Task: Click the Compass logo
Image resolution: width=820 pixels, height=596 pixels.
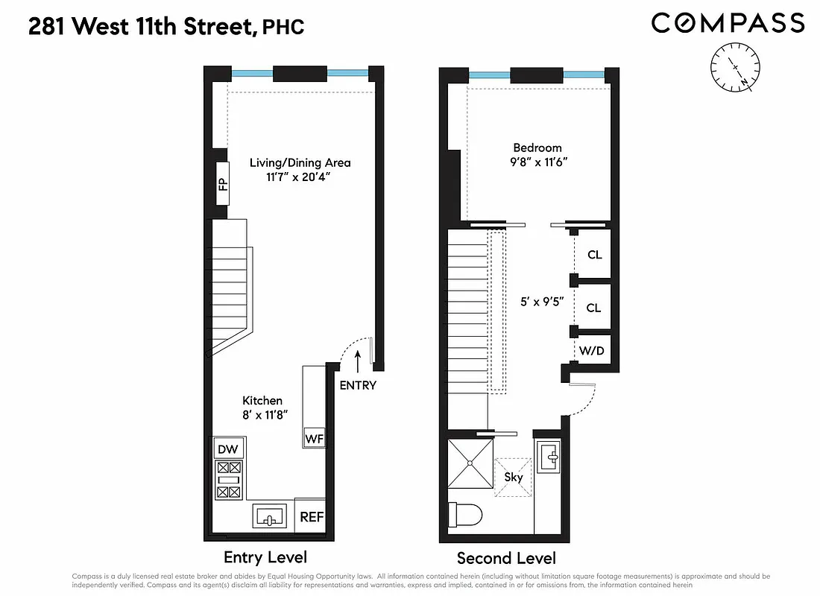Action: point(728,23)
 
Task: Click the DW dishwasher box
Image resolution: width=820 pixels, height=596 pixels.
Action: point(228,449)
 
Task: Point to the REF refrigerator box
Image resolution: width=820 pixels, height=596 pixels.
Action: point(311,516)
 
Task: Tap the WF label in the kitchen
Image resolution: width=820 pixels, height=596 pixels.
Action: point(314,439)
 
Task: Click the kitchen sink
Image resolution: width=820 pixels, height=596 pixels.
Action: point(271,516)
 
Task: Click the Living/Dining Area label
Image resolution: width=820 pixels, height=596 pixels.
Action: point(300,162)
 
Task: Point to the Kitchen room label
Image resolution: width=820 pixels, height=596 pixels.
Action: point(262,401)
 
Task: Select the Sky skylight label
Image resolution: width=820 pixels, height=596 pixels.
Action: point(514,478)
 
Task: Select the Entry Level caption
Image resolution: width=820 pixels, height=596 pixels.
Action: point(265,557)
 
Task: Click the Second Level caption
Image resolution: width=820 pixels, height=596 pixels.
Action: point(506,558)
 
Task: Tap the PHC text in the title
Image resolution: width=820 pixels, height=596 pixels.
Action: point(285,28)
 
